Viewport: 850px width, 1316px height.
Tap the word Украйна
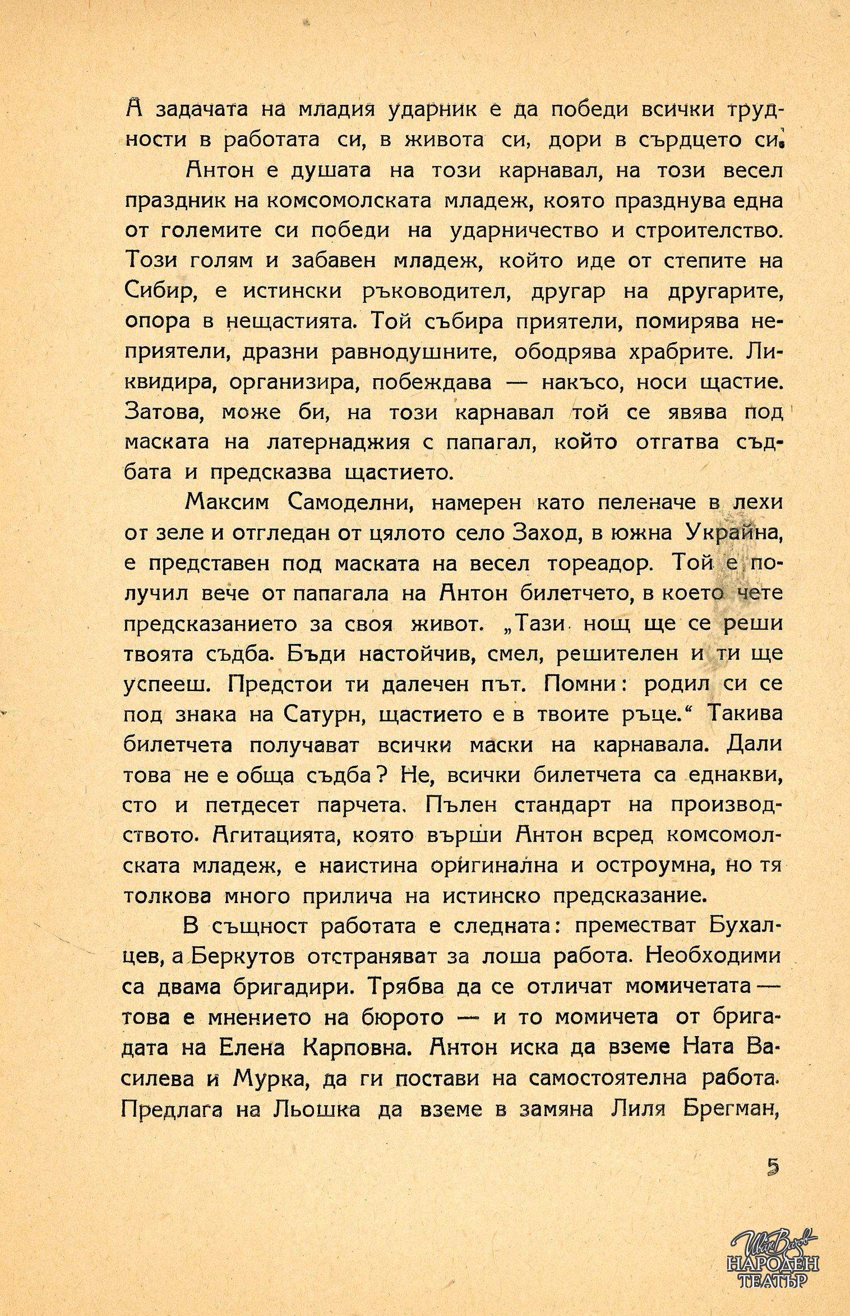coord(733,533)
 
